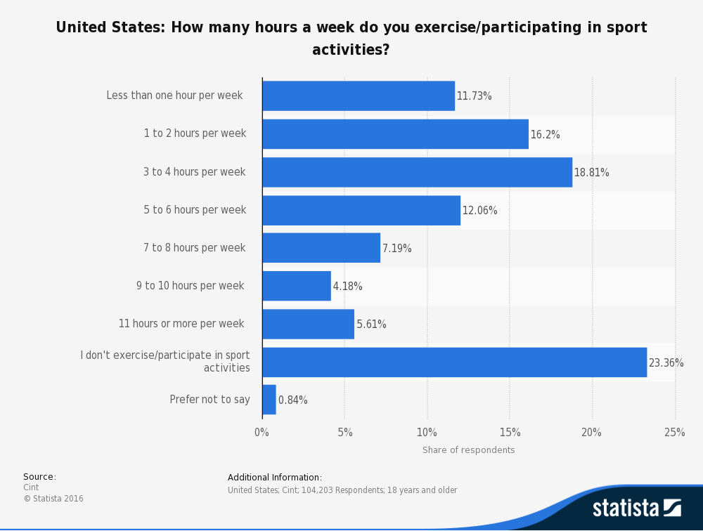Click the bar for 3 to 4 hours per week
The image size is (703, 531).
tap(417, 172)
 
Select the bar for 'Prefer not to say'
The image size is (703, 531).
tap(269, 400)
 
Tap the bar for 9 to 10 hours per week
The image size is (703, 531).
tap(297, 286)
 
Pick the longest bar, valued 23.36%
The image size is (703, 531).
tap(454, 362)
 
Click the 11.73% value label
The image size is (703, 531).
tap(475, 96)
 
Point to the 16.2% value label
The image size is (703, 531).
tap(545, 134)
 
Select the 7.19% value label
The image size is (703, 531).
tap(397, 249)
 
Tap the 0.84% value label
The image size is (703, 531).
tap(292, 400)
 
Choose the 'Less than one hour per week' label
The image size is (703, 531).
tap(174, 96)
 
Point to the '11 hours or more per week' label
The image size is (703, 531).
tap(181, 324)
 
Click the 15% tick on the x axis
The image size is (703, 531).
tap(510, 433)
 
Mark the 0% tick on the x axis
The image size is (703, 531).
tap(262, 433)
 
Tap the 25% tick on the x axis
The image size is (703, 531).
tap(675, 433)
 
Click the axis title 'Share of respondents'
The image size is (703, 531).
tap(468, 450)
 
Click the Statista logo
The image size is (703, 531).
tap(636, 507)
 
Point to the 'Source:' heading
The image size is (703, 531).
tap(39, 477)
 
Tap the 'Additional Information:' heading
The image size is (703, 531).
tap(275, 478)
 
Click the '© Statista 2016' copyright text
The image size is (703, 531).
tap(53, 499)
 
